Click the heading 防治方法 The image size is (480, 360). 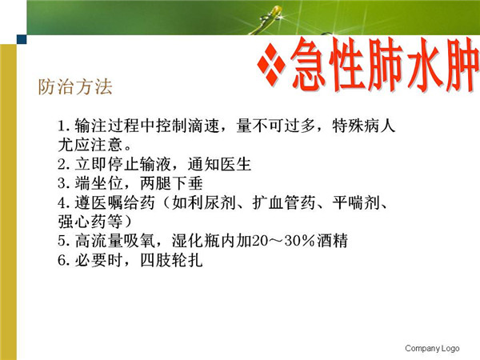[75, 86]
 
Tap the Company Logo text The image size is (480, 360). [432, 348]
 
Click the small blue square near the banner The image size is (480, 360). [22, 39]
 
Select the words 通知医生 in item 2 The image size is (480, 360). [219, 164]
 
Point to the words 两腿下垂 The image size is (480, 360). [171, 183]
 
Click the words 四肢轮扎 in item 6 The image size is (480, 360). [171, 260]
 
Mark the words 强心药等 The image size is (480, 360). [90, 222]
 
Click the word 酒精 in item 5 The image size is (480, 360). [332, 241]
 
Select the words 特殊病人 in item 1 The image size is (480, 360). [364, 126]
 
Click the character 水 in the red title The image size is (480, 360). [424, 66]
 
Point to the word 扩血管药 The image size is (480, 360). [284, 202]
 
